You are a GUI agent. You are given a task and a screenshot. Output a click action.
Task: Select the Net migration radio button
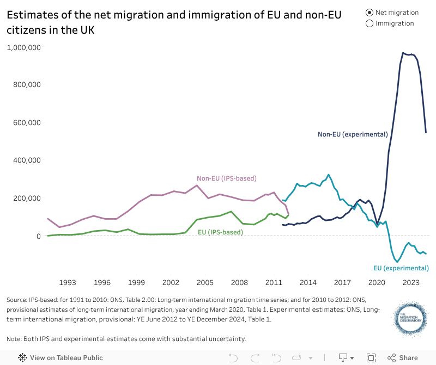click(x=370, y=13)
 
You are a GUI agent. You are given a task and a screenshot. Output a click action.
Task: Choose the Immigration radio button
click(x=370, y=23)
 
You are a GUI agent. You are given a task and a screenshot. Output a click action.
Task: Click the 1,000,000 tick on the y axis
click(x=24, y=47)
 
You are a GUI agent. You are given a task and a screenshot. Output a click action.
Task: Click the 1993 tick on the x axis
click(x=68, y=282)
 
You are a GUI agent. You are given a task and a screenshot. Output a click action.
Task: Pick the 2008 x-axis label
click(x=239, y=282)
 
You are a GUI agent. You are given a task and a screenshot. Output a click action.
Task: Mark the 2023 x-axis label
click(x=411, y=282)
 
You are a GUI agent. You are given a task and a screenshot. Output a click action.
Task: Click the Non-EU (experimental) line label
click(x=353, y=134)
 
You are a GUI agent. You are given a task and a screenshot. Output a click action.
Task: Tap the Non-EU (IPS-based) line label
click(x=226, y=178)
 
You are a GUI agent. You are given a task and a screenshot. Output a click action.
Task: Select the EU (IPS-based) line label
click(x=220, y=232)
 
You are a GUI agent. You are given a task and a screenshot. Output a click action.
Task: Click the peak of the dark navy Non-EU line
click(x=403, y=53)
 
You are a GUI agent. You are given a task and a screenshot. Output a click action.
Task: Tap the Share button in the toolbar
click(x=403, y=357)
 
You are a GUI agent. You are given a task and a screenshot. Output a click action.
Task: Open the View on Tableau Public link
click(x=60, y=358)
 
